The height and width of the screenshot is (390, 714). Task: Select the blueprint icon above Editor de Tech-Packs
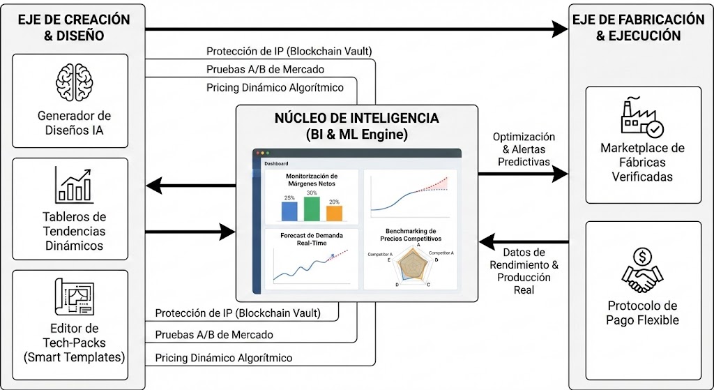pos(75,298)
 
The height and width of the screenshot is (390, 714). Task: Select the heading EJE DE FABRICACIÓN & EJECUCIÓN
pos(638,27)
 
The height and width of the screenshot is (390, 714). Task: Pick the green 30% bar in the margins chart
pos(312,208)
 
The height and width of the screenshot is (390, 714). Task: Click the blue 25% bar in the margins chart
pos(289,211)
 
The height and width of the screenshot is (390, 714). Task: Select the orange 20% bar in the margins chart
pos(334,213)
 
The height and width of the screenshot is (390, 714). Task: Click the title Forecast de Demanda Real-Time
pos(312,239)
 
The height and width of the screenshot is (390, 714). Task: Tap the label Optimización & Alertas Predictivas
pos(523,149)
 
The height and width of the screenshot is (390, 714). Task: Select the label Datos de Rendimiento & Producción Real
pos(523,271)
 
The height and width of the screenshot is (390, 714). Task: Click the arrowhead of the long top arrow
pos(560,29)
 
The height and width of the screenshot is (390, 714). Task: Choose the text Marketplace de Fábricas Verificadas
pos(642,162)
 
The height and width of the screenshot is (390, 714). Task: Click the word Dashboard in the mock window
pos(276,163)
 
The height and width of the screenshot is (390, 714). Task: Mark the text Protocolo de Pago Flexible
pos(642,313)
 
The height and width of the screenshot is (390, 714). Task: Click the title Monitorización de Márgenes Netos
pos(312,180)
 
